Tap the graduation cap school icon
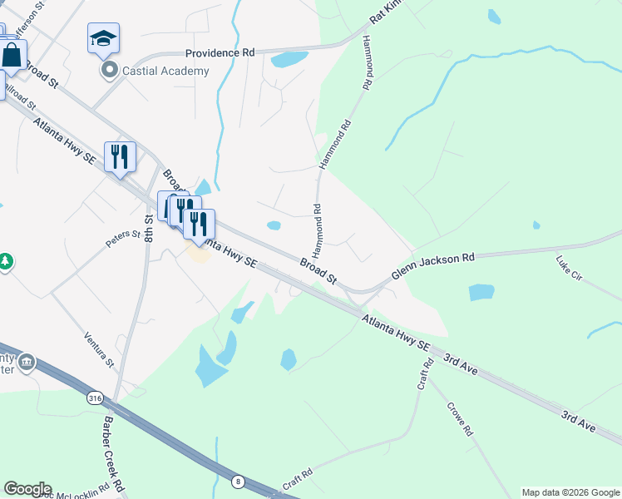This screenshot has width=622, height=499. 103,38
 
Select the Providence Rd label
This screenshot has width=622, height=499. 220,52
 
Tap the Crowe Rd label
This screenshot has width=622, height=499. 458,420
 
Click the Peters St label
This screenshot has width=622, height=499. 119,239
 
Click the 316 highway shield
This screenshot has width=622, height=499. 95,399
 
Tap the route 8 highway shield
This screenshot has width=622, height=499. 239,481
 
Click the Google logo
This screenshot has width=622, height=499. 27,489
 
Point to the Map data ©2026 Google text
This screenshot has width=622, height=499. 570,492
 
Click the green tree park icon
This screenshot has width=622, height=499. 6,262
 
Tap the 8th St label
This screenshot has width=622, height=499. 149,229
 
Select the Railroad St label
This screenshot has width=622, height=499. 18,94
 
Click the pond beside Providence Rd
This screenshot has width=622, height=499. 289,59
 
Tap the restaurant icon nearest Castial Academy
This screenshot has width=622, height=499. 120,156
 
